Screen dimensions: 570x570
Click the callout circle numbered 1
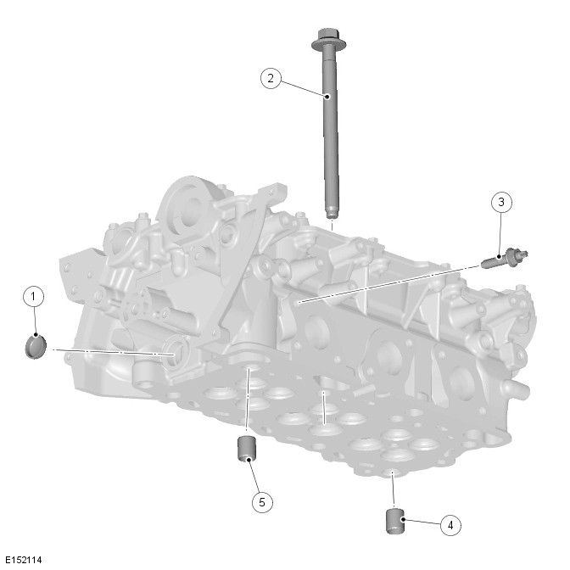pyautogui.click(x=33, y=297)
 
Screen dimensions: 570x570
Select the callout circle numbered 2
pyautogui.click(x=271, y=78)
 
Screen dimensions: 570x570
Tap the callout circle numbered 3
pyautogui.click(x=501, y=202)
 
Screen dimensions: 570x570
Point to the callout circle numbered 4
pyautogui.click(x=450, y=525)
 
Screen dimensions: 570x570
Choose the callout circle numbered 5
pyautogui.click(x=262, y=502)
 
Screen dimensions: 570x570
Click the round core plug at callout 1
pyautogui.click(x=36, y=347)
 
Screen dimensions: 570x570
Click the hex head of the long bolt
pyautogui.click(x=328, y=39)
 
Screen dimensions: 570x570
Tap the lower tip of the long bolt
pyautogui.click(x=331, y=217)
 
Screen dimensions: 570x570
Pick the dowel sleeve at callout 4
pyautogui.click(x=395, y=522)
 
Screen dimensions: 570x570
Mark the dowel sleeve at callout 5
pyautogui.click(x=247, y=448)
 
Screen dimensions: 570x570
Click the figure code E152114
pyautogui.click(x=24, y=560)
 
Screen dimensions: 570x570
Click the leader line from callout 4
pyautogui.click(x=422, y=522)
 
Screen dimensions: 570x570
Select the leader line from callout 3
pyautogui.click(x=500, y=234)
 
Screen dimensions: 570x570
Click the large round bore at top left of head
pyautogui.click(x=190, y=210)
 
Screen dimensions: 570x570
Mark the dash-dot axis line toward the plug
pyautogui.click(x=114, y=352)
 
